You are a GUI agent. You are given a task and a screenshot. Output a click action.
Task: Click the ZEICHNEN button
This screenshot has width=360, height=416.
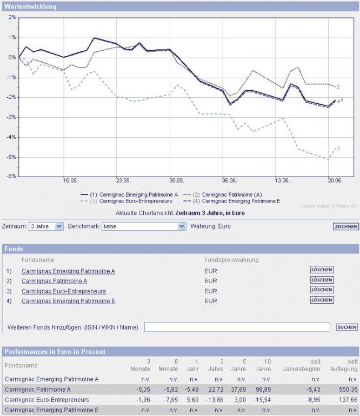coord(345,226)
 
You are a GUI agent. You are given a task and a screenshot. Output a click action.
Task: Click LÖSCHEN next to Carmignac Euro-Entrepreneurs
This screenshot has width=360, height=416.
coord(322,290)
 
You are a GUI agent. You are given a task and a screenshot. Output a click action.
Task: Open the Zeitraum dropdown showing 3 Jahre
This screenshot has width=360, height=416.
coord(46,226)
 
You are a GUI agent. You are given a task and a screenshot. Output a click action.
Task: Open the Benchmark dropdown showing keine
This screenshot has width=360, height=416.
coord(144,226)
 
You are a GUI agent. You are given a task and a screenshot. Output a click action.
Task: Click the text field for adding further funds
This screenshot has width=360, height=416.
coord(237,327)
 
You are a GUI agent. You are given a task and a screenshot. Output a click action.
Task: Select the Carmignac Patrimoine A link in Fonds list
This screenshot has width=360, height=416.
coord(54,281)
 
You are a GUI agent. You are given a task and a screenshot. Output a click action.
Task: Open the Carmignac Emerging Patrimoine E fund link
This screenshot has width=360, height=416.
coord(68,301)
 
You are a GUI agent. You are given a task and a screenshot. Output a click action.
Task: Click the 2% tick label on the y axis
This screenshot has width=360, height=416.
coord(12,17)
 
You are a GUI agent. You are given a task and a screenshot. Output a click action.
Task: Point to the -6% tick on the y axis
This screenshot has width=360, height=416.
coord(11,176)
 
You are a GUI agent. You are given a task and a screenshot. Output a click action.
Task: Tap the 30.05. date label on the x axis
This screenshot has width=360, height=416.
coord(176,180)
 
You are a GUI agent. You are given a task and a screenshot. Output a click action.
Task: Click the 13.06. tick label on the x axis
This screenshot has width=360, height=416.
coord(282,180)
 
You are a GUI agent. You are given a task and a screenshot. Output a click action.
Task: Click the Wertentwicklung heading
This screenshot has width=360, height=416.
coord(30,6)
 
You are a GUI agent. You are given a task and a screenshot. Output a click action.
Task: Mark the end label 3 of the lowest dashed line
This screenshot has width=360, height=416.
coord(338,148)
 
